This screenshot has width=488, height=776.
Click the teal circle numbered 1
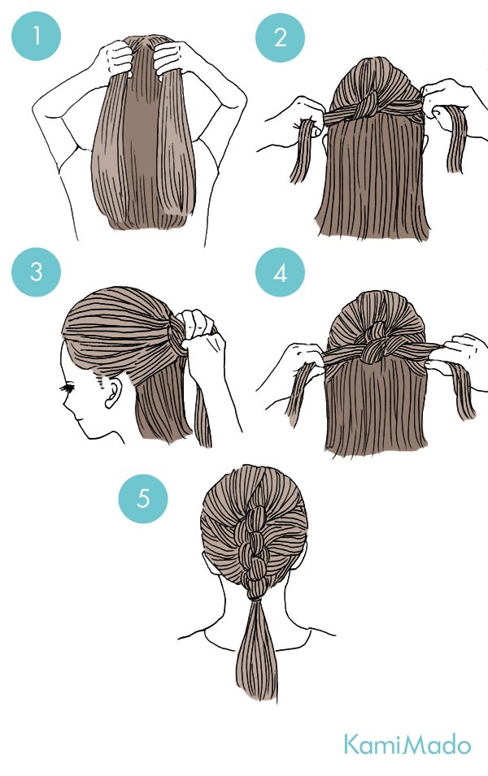tap(36, 36)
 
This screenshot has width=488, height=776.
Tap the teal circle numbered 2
tap(280, 37)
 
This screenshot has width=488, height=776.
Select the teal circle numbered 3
tap(36, 271)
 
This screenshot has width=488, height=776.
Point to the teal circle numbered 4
tap(280, 272)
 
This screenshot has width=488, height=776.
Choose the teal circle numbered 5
tap(142, 498)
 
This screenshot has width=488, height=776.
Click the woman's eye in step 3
tap(67, 388)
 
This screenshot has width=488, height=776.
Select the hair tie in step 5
tap(255, 599)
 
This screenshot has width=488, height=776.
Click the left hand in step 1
tap(115, 58)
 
